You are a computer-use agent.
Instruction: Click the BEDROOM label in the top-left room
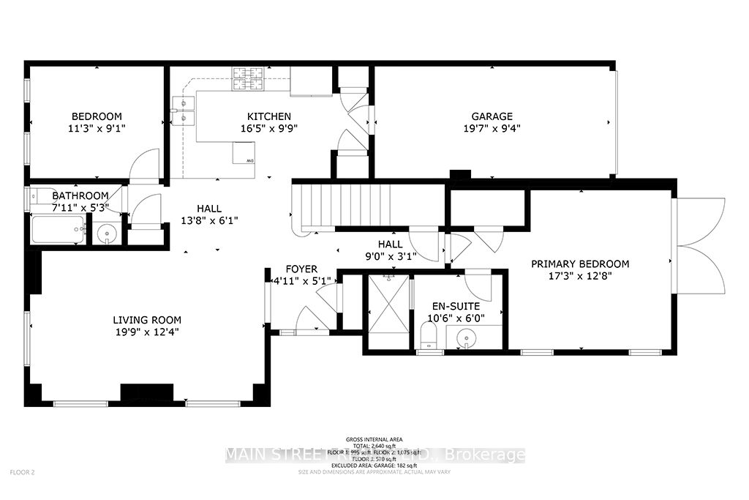tap(96, 116)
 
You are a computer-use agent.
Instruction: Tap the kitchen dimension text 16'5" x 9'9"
tap(268, 127)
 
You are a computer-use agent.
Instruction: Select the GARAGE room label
tap(492, 116)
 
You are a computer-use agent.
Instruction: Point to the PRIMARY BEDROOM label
tap(580, 264)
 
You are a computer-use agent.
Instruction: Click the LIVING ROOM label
tap(147, 320)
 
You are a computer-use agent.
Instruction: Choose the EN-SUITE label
tap(455, 306)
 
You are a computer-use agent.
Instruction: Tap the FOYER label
tap(302, 269)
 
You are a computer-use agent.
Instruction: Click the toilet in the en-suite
tap(429, 338)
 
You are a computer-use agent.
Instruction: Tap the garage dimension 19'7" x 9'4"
tap(492, 127)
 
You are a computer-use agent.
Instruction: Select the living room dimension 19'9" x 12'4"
tap(147, 331)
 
